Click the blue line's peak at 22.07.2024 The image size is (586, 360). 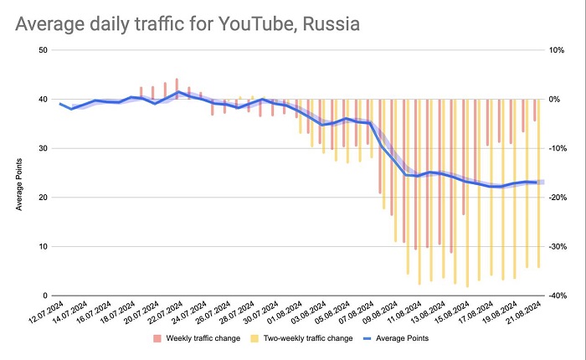click(x=177, y=91)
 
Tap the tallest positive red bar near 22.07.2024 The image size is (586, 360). click(x=177, y=89)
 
